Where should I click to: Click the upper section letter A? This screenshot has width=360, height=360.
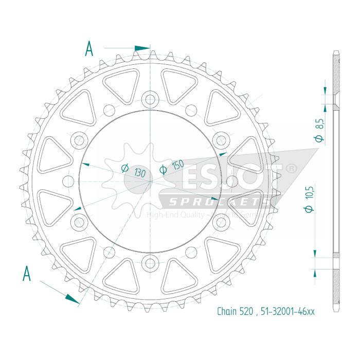(x=89, y=49)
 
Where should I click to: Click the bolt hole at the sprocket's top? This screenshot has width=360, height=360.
(x=150, y=99)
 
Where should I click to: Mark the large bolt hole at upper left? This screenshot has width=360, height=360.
(x=79, y=139)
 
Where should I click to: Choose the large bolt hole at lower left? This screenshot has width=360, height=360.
(x=79, y=222)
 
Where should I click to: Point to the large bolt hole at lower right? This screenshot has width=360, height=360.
(x=221, y=222)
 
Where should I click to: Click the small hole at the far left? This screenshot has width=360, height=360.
(x=68, y=181)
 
